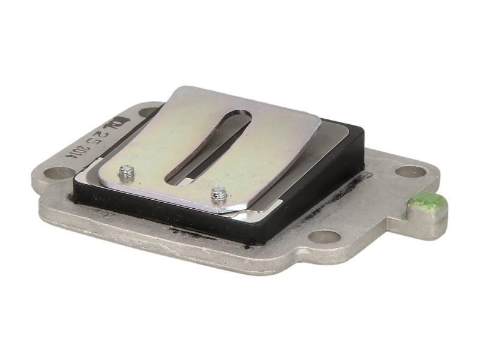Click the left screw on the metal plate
click(x=125, y=172)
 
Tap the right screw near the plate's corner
click(x=220, y=194)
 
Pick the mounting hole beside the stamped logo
click(x=148, y=112)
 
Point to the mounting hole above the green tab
click(x=411, y=172)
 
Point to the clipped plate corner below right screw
click(x=228, y=210)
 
